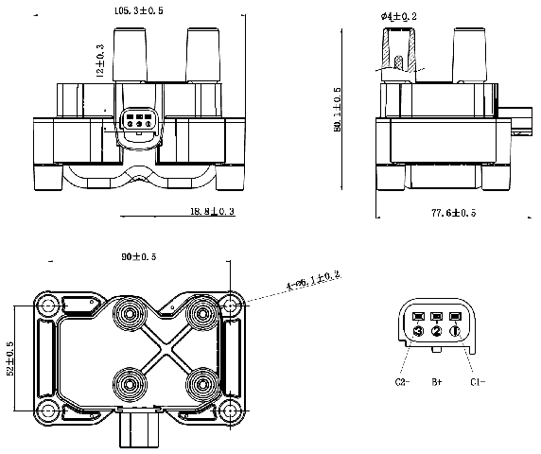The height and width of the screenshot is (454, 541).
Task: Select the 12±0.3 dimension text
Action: coord(99,60)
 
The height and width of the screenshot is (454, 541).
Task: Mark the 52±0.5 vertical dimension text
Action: coord(11,359)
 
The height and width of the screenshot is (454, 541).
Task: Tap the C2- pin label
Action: coord(401,382)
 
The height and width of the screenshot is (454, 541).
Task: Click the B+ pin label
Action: coord(437,382)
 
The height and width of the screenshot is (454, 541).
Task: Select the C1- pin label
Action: coord(477,382)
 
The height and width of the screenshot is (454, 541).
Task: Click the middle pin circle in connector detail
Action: coord(436,332)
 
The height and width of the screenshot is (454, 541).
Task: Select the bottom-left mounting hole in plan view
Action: coord(46,410)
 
